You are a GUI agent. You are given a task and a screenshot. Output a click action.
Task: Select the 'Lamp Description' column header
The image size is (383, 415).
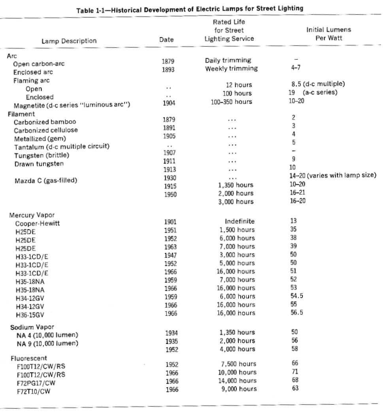(69, 41)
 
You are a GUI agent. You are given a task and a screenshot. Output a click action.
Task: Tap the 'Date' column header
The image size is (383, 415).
(166, 40)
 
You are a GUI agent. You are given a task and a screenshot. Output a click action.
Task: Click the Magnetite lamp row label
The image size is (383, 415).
(72, 106)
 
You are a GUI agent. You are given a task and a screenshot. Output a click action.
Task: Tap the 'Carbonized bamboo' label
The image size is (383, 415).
(45, 122)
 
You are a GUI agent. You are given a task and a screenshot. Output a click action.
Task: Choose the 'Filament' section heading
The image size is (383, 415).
(18, 114)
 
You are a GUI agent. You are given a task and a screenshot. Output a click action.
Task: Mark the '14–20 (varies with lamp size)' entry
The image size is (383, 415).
(332, 175)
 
